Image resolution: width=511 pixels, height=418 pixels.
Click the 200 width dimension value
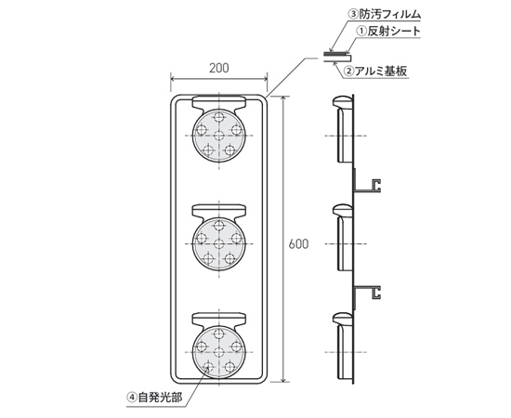[x=219, y=68]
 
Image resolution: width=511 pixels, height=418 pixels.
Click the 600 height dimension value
[x=298, y=244]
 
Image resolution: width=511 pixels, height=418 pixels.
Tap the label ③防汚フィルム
[x=386, y=14]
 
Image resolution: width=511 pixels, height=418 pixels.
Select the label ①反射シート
[x=388, y=32]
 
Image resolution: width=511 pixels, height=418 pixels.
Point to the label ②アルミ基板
[x=376, y=71]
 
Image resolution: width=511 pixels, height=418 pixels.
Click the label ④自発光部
[x=155, y=398]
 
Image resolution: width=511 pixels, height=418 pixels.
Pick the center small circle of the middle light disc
[x=219, y=242]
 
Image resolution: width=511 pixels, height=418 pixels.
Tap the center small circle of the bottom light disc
[x=219, y=351]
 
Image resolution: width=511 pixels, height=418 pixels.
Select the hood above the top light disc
[x=219, y=103]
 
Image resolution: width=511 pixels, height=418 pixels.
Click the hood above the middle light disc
[x=219, y=212]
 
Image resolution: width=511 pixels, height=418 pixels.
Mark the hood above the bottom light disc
[x=219, y=320]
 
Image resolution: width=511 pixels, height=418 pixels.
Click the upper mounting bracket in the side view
[x=367, y=185]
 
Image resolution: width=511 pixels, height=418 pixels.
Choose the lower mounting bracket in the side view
[x=367, y=293]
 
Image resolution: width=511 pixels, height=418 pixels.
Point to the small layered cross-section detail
[x=337, y=57]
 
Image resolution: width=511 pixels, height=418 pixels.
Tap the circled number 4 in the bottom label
[x=132, y=398]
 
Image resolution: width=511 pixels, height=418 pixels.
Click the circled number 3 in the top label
[x=354, y=14]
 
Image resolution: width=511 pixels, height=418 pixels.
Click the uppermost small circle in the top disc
[x=219, y=117]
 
